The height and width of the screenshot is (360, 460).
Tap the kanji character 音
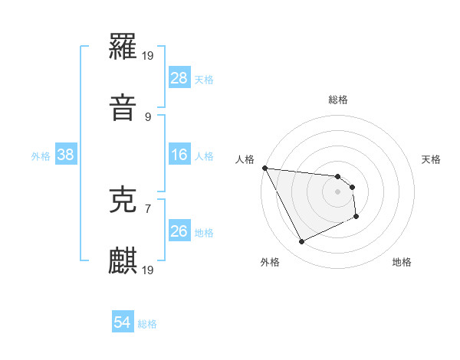coord(123,107)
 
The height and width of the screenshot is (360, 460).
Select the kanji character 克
coord(123,200)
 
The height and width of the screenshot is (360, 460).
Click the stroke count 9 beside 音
coord(147,116)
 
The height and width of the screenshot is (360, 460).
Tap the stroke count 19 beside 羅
coord(149,56)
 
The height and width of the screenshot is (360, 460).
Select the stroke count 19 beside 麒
coord(149,270)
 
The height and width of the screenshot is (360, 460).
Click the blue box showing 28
coord(179,78)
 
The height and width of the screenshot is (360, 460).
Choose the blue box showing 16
coord(179,155)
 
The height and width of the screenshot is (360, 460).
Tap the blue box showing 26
coord(179,231)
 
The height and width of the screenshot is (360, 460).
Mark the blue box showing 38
coord(65,155)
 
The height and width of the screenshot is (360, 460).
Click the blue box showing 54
coord(122,322)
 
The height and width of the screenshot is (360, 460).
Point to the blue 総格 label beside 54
coord(147,324)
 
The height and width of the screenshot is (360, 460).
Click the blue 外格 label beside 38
coord(41,156)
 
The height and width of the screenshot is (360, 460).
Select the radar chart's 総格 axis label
coord(338,100)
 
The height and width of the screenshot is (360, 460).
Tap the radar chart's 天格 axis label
coord(432,159)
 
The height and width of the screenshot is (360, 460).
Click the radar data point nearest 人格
coord(264,168)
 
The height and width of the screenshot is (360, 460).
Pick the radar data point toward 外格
coord(301,242)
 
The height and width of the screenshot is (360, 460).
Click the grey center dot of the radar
coord(338,191)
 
